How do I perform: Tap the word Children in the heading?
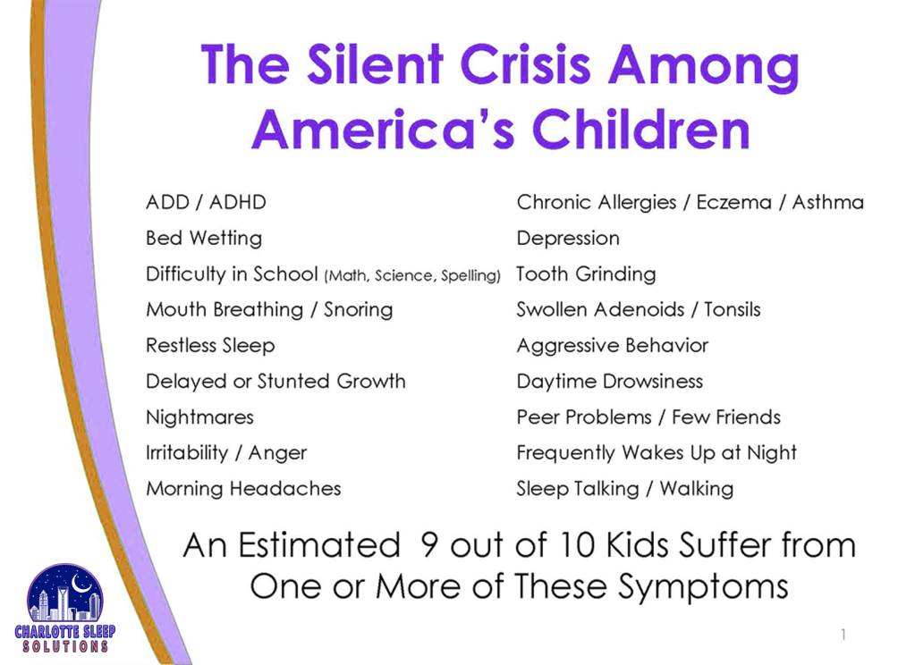coord(640,130)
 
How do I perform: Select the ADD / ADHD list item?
coord(206,202)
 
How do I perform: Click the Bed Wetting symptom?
coord(204,239)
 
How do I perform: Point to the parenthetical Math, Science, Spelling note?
coord(412,275)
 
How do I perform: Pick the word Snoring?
coord(359,310)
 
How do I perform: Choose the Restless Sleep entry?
coord(210,346)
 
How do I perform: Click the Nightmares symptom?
coord(199,417)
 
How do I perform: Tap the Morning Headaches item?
coord(243,489)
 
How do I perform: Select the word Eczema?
coord(734,202)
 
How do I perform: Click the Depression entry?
coord(568,239)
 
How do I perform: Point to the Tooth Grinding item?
coord(586,274)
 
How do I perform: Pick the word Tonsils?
coord(733,309)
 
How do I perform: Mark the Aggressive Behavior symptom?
coord(612,346)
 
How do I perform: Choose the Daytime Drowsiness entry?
coord(610,382)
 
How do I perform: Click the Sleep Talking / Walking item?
coord(625,489)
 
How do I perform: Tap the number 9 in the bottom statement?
coord(429,545)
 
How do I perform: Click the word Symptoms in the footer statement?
coord(703,586)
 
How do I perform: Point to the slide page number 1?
coord(843,634)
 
